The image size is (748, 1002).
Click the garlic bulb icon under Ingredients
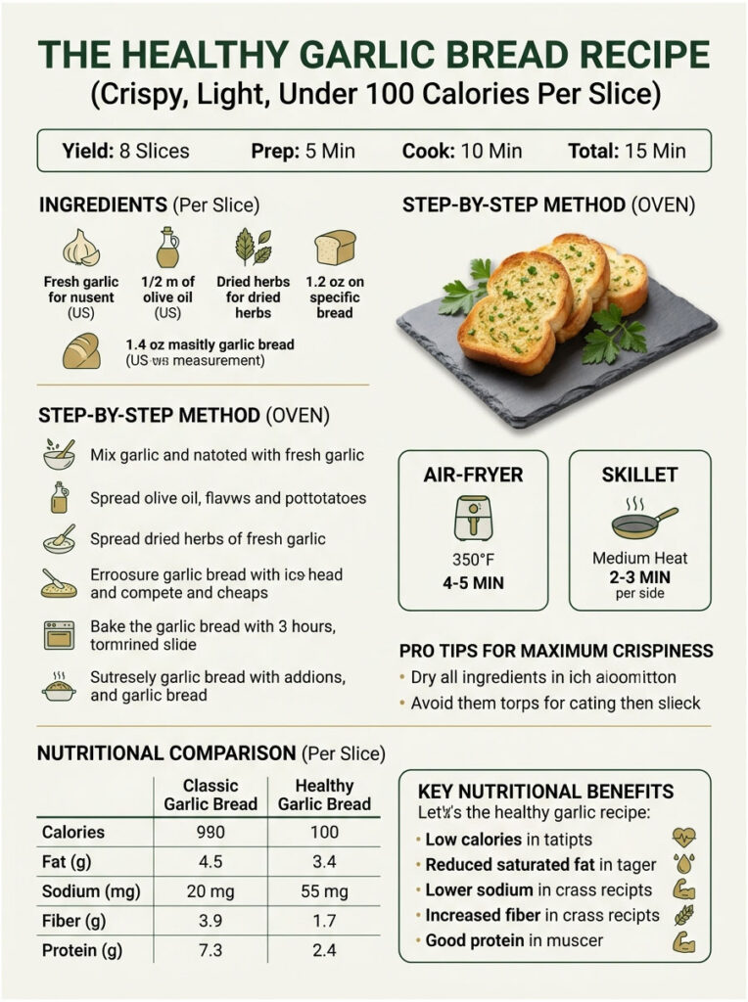pos(81,248)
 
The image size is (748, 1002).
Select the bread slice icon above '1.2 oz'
pos(335,248)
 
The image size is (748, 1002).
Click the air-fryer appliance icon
pos(473,518)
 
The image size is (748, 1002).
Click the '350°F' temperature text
pos(473,560)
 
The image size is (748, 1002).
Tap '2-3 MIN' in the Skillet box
pos(640,577)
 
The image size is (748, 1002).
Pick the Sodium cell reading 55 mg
pos(324,891)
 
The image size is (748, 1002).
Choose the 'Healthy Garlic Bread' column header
pos(324,795)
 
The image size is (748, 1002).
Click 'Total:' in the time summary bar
pos(593,151)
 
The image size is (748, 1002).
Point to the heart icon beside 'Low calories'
pos(683,839)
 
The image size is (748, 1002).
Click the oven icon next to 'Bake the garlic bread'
pos(59,634)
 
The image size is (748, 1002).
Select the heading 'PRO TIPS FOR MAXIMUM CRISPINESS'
pos(556,651)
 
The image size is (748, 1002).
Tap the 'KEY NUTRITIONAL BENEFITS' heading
pos(545,791)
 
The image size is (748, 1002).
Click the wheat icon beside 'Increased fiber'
pos(683,916)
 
